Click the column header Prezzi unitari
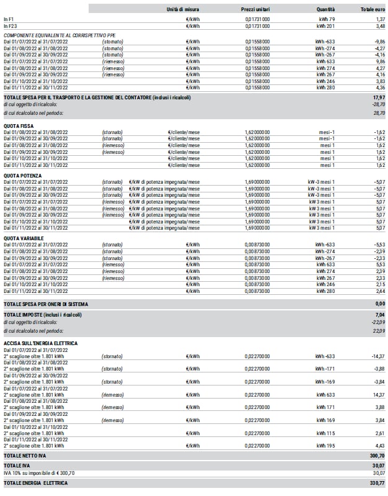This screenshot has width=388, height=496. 255,9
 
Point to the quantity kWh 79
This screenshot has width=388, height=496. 326,20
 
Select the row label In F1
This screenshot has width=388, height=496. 8,20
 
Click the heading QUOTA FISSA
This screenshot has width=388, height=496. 17,126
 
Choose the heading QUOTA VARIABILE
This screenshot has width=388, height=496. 22,237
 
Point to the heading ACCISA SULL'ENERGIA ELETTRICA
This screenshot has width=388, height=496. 40,343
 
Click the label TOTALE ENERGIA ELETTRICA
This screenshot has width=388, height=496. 35,482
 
